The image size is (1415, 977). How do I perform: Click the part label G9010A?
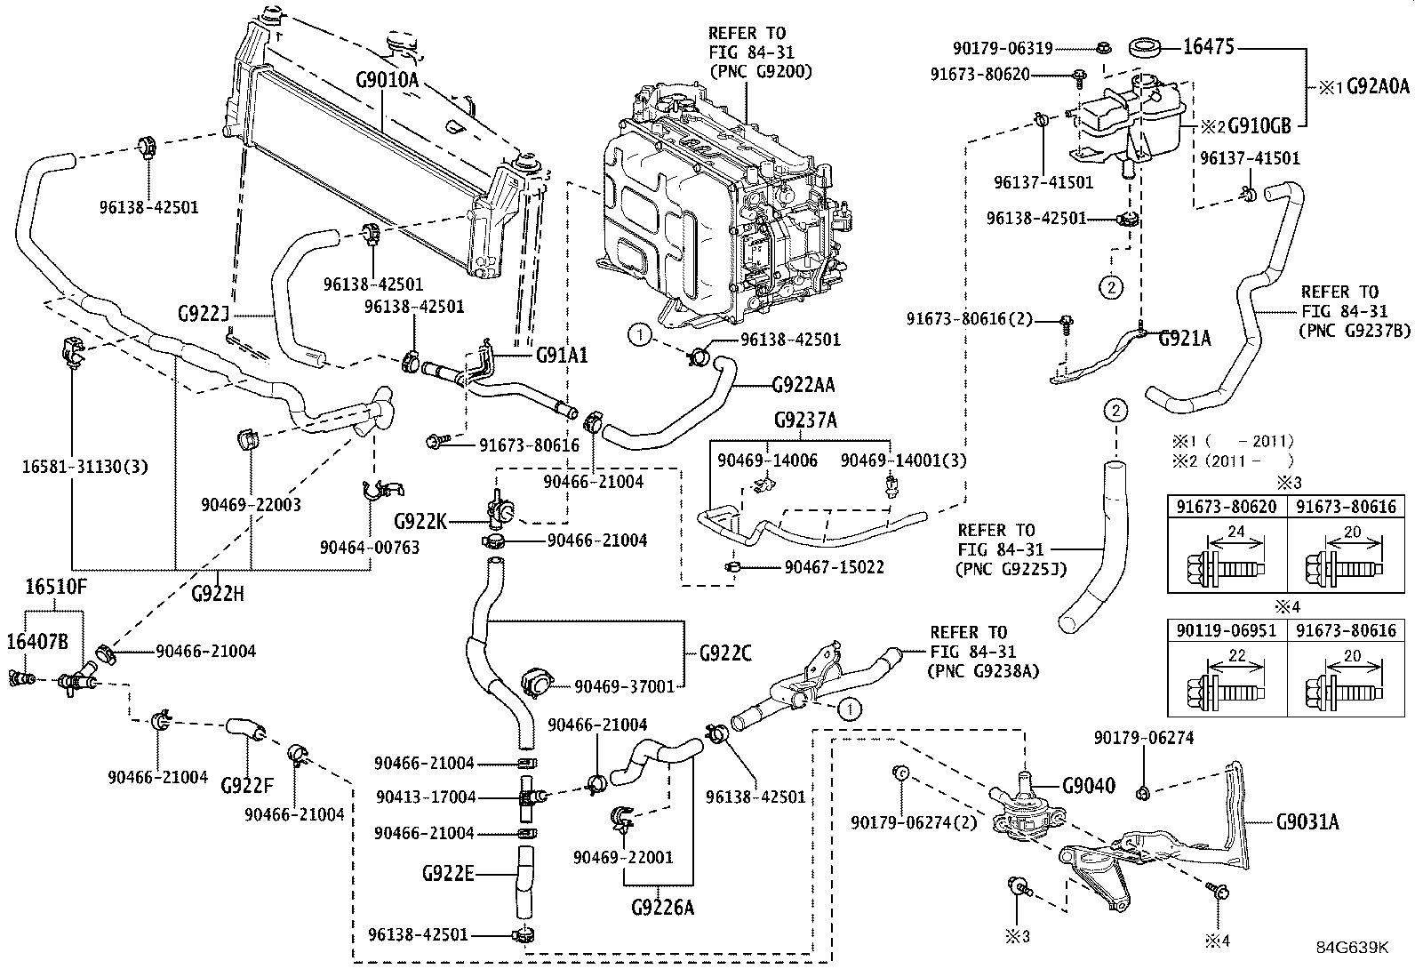pos(387,79)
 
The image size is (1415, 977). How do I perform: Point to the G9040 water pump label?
pos(1089,786)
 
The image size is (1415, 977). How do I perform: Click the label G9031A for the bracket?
pos(1307,822)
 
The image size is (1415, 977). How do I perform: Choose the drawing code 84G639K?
pos(1352,948)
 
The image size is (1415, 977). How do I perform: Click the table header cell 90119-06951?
pos(1227,630)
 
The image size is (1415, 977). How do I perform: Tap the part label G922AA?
pos(803,384)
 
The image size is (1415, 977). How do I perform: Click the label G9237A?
pos(805,420)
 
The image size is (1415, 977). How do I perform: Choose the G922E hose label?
pos(447,874)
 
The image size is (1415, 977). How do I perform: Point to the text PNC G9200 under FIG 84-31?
pos(760,70)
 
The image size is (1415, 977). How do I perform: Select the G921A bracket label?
pos(1184,338)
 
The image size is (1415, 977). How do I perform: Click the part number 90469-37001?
pos(625,685)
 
